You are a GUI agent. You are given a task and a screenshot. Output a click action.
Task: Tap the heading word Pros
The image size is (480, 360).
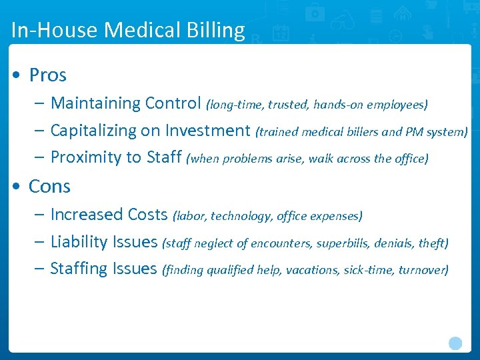[x=48, y=75]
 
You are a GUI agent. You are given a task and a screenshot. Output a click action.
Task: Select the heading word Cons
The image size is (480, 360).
[x=49, y=187]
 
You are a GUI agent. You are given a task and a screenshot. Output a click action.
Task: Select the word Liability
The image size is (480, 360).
[x=79, y=242]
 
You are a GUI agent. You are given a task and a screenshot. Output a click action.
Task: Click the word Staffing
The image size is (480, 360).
[x=79, y=269]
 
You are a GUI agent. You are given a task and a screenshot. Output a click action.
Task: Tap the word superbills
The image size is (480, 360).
[x=341, y=243]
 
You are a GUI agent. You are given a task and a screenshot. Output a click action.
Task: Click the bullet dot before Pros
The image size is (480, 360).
[x=15, y=75]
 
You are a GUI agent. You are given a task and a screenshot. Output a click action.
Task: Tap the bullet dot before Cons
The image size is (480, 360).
[x=15, y=187]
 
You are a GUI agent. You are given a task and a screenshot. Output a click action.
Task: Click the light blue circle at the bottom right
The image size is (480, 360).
[x=455, y=343]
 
